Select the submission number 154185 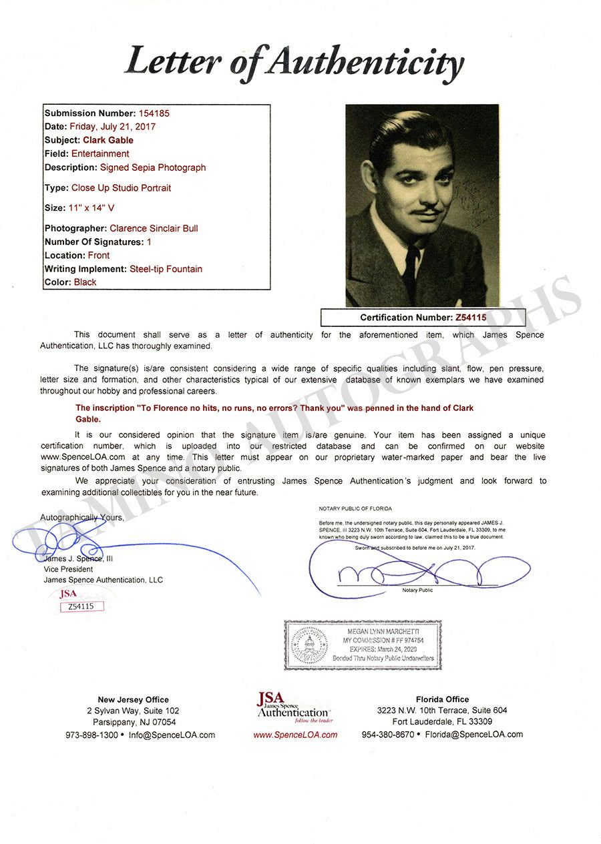click(154, 113)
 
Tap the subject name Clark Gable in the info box click(108, 140)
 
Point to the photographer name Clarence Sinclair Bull click(154, 228)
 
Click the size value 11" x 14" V click(91, 208)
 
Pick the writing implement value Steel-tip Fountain click(164, 269)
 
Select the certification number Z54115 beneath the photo click(471, 318)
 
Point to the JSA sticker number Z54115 click(81, 606)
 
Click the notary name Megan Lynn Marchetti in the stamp click(383, 631)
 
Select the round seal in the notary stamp click(309, 645)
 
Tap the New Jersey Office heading click(133, 699)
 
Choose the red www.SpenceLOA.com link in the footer click(295, 735)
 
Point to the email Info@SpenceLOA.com click(172, 735)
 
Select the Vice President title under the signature click(68, 569)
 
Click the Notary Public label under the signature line click(417, 590)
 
